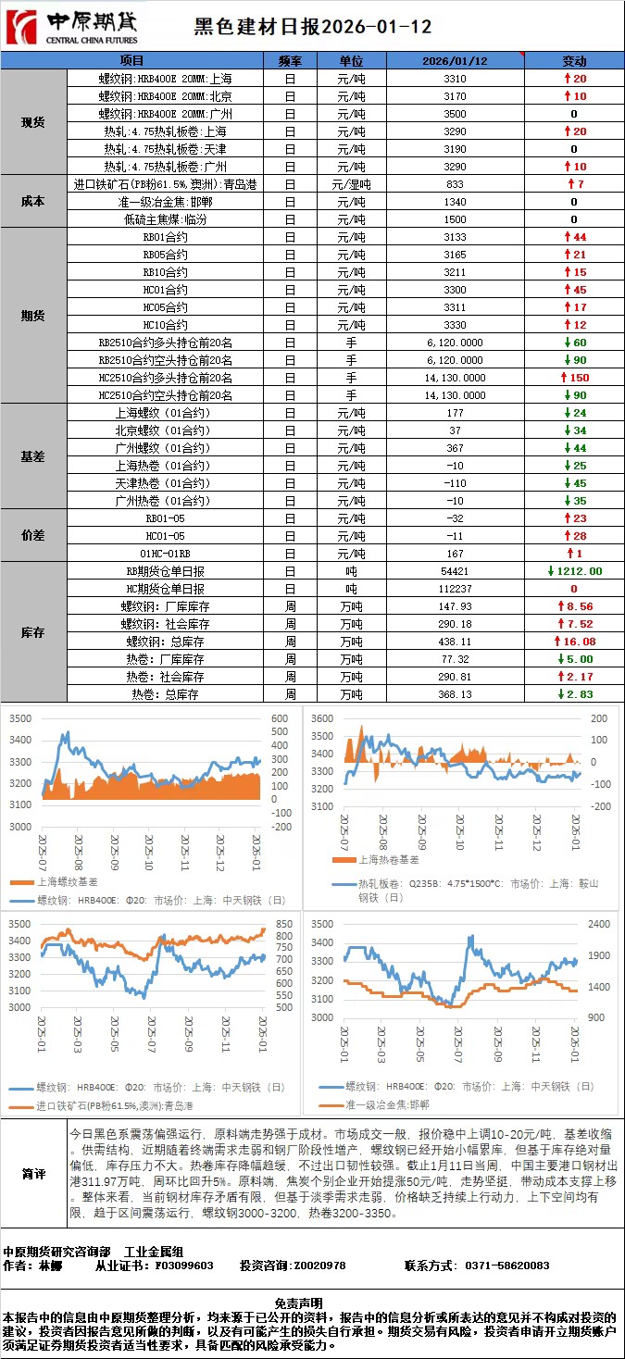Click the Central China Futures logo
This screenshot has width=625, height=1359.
(x=71, y=28)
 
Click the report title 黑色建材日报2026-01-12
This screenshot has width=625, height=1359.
(x=312, y=28)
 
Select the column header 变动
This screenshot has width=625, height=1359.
(x=574, y=61)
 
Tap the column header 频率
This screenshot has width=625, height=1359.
(x=290, y=61)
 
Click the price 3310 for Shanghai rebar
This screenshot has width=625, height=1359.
(x=455, y=79)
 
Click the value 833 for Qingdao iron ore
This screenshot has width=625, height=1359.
(x=455, y=184)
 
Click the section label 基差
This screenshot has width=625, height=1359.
(x=33, y=456)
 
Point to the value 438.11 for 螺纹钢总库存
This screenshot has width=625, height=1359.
(x=455, y=642)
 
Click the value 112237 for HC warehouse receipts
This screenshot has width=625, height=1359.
(x=455, y=589)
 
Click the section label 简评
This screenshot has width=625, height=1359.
(x=33, y=1174)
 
